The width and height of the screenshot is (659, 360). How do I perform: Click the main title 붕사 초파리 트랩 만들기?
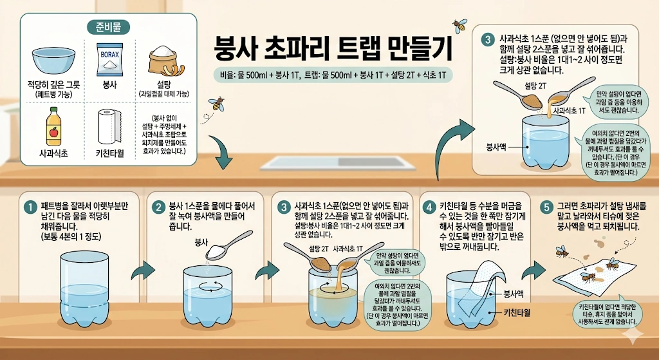click(333, 48)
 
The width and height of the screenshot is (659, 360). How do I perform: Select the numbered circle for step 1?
click(29, 207)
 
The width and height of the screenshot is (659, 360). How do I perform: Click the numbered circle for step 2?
click(158, 207)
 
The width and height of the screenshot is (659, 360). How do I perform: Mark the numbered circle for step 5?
click(546, 207)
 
